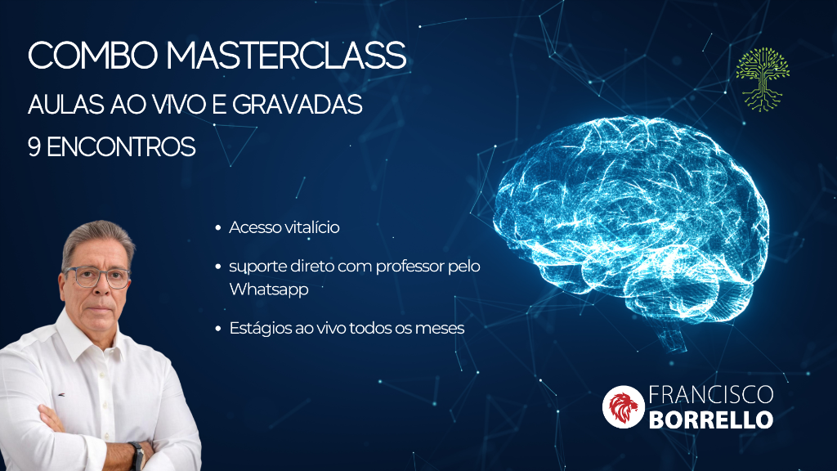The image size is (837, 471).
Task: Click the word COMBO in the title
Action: click(93, 55)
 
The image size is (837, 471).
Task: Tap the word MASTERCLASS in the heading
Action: click(286, 55)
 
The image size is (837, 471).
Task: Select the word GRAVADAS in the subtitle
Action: click(298, 104)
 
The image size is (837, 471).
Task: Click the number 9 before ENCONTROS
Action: click(34, 147)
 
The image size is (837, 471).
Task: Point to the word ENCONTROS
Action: click(121, 147)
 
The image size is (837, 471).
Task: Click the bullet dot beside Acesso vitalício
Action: click(217, 228)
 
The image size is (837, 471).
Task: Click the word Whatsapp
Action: click(269, 289)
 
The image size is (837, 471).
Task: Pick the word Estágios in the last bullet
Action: click(260, 328)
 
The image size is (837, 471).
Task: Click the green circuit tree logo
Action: click(763, 79)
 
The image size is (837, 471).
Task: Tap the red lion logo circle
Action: click(624, 407)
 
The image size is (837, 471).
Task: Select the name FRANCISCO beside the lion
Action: click(711, 395)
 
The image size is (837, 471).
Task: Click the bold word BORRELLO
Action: click(711, 419)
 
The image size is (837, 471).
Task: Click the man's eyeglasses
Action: click(98, 277)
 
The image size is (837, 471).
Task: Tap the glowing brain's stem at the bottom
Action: click(674, 339)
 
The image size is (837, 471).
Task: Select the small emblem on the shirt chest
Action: click(62, 395)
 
